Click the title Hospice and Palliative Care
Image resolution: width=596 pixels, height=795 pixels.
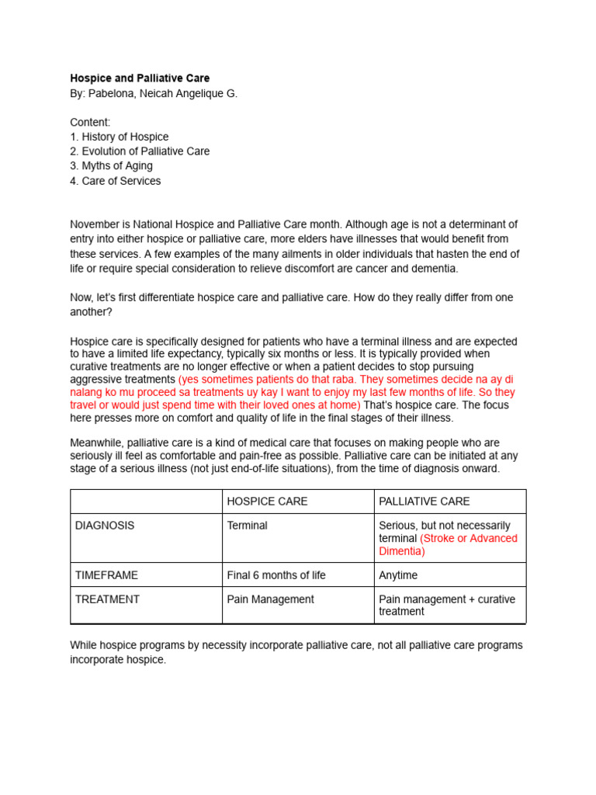(x=140, y=78)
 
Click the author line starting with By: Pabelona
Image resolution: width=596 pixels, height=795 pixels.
(x=154, y=93)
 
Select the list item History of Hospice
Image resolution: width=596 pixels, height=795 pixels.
(x=120, y=137)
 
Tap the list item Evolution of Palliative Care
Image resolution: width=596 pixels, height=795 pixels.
(x=140, y=151)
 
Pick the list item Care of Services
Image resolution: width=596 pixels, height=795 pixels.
(x=116, y=181)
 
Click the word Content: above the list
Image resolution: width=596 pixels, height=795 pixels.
(x=90, y=122)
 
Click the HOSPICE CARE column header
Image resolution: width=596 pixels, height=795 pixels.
(x=267, y=502)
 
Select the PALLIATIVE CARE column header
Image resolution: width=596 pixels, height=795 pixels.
(x=424, y=502)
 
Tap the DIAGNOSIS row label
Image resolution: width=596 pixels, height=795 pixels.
(x=105, y=526)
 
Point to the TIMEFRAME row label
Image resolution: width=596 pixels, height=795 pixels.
(x=107, y=575)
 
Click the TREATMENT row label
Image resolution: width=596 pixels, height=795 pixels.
(x=107, y=599)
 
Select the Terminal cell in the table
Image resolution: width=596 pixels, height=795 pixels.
(x=247, y=526)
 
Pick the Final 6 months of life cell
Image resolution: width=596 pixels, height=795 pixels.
(x=276, y=575)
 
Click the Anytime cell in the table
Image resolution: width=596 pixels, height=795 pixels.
(x=398, y=575)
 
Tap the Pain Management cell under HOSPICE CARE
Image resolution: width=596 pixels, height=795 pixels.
(x=270, y=599)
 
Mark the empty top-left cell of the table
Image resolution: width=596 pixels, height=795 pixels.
(x=146, y=502)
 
